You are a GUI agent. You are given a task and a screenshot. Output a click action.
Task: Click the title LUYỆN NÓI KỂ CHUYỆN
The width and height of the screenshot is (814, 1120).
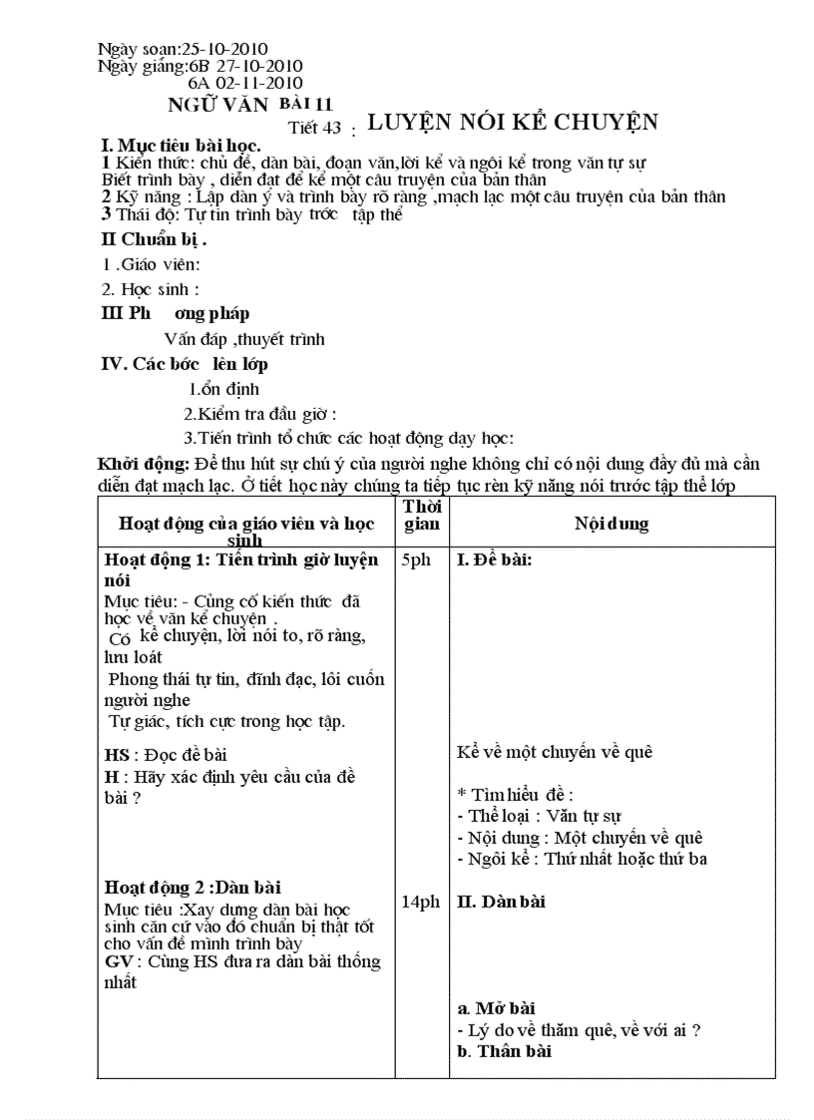[513, 123]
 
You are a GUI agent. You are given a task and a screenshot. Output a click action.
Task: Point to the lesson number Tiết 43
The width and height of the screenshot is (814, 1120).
[314, 127]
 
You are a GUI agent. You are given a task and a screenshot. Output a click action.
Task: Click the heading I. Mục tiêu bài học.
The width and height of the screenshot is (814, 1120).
[182, 146]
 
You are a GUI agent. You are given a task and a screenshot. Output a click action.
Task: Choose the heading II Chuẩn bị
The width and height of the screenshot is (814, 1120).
[155, 239]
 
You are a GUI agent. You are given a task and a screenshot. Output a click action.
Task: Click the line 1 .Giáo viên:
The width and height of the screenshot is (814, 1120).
[152, 264]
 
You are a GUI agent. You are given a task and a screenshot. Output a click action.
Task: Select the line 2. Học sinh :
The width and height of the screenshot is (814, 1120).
[151, 289]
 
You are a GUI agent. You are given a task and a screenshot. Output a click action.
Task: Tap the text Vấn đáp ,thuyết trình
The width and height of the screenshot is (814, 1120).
[243, 339]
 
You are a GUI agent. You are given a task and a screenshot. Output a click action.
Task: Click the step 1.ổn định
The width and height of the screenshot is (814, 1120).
[223, 389]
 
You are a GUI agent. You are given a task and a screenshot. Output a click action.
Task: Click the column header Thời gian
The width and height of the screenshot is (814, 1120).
[420, 515]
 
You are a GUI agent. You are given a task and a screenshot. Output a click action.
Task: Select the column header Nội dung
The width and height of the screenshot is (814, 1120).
[611, 524]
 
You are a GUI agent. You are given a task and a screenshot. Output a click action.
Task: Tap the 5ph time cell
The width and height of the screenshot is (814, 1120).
[416, 560]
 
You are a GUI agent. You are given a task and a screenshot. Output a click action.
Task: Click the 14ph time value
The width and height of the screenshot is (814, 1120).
[420, 902]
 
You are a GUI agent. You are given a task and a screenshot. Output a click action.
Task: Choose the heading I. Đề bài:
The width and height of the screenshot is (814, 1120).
[494, 560]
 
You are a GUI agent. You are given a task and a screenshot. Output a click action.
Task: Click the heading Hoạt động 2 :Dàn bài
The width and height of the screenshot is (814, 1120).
[193, 887]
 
